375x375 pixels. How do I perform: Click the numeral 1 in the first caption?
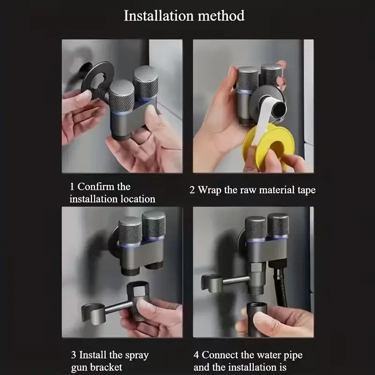[x=72, y=187]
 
